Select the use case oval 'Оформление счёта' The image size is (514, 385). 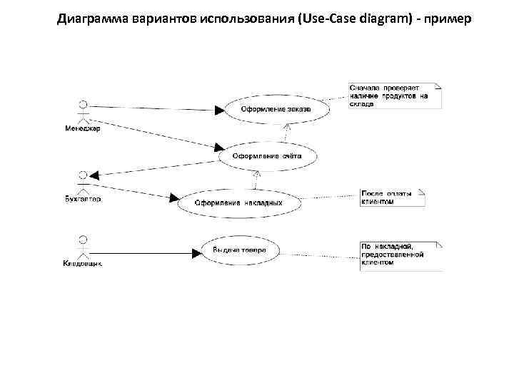pos(266,155)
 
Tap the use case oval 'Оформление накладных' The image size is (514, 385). pos(238,201)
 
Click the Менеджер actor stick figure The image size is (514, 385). pos(84,111)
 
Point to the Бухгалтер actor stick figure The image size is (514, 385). pos(84,182)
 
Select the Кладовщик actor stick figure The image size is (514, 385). pos(84,247)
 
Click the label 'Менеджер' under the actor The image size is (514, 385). pos(84,129)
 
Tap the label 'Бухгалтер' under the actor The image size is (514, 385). pos(84,200)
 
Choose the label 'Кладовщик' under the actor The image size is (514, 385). pos(84,264)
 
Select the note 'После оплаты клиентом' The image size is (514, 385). pos(392,197)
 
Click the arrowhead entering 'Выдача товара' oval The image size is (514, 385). pos(197,251)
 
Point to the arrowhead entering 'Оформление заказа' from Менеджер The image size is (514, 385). pos(219,109)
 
